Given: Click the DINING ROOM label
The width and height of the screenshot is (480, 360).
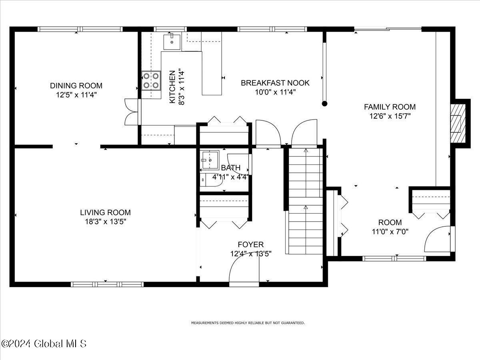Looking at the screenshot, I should click(x=76, y=86).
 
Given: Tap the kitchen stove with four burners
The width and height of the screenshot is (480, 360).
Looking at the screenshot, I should click(x=151, y=80).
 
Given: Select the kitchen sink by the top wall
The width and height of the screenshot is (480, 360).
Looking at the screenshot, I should click(x=172, y=41).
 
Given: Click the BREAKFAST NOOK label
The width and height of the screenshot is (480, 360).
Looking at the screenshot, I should click(x=275, y=83).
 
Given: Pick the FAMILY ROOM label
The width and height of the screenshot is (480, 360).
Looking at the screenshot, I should click(x=390, y=107).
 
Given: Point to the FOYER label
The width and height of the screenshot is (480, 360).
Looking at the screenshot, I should click(x=251, y=244).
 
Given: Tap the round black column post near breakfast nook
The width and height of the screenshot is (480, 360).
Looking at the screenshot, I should click(x=325, y=104).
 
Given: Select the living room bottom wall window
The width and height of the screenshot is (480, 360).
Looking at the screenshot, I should click(x=107, y=284).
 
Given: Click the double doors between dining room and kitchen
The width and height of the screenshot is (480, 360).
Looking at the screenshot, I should click(x=131, y=112).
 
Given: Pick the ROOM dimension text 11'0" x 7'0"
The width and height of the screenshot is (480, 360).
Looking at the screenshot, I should click(x=390, y=231).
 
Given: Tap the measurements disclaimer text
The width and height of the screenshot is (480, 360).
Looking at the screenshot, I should click(x=248, y=322).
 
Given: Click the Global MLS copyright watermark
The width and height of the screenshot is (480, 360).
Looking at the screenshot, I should click(x=44, y=344).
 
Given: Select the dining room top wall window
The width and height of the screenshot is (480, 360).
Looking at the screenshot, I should click(x=80, y=29).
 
